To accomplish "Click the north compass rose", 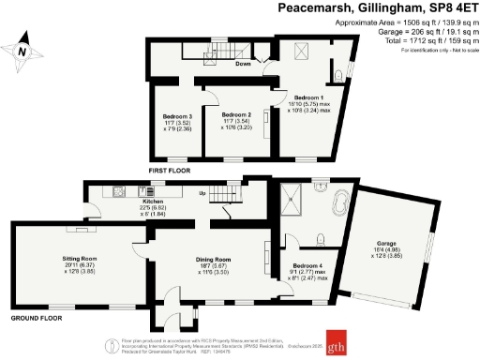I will click(x=22, y=52).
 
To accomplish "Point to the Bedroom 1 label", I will click(x=309, y=97).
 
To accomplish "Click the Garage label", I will click(x=386, y=246).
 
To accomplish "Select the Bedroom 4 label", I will click(x=308, y=265).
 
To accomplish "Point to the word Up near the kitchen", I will click(x=202, y=194).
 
